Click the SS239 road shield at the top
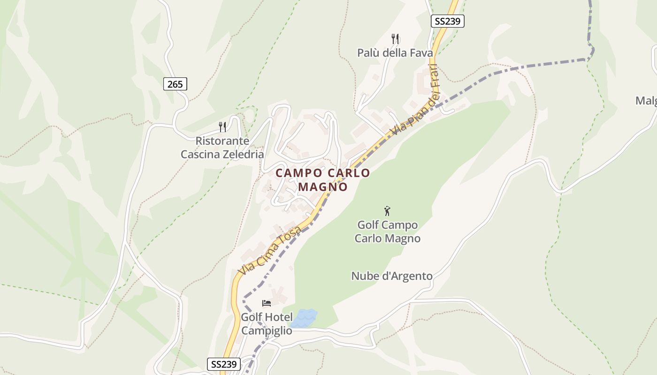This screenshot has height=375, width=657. coord(447,21)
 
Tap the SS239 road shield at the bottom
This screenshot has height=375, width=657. coord(223,364)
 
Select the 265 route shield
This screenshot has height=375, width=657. coord(175,84)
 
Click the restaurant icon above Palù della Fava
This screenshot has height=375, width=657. coord(395,38)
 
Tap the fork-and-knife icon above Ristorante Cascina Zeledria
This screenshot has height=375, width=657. coord(222,127)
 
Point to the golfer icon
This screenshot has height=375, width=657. coord(387,211)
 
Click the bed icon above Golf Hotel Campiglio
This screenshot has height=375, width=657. coord(267,303)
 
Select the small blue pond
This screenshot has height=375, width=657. coord(304,318)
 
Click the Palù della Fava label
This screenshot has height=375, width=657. coord(395,53)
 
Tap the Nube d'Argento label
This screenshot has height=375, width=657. coord(392,276)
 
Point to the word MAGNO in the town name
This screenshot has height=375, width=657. coord(323,187)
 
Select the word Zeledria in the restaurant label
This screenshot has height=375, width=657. coord(242,154)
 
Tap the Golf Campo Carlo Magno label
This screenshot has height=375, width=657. coord(387,232)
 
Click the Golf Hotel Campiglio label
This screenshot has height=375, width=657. coord(267,324)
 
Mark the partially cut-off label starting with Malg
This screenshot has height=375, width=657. coord(646,101)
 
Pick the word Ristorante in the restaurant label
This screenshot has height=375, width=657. coord(222,141)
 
